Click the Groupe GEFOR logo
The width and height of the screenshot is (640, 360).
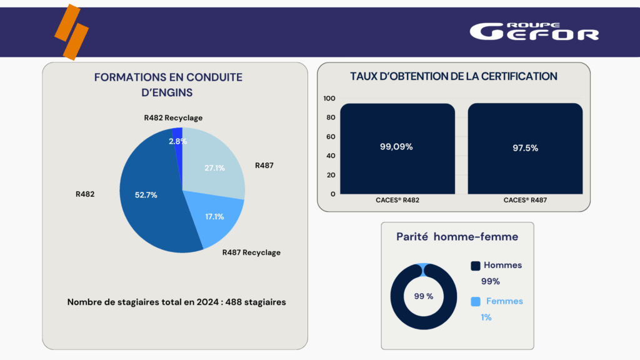pos(534,31)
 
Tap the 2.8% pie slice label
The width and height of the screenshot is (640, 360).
pos(177,141)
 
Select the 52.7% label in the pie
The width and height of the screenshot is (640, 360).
pos(146,195)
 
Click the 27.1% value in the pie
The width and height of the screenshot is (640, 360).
pos(214,167)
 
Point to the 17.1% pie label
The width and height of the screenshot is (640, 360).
pos(214,216)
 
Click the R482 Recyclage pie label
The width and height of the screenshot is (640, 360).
pos(173,117)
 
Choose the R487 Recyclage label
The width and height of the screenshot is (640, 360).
pos(251,252)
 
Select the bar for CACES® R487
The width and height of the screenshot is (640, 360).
pos(525,149)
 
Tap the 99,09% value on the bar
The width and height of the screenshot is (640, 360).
pos(396,147)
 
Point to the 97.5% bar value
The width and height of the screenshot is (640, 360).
pos(525,148)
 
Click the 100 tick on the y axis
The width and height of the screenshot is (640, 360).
pos(329,98)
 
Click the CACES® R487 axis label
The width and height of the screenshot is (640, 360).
pos(525,201)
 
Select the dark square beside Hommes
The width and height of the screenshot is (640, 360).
pos(476,266)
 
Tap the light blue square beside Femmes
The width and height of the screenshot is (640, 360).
pos(476,301)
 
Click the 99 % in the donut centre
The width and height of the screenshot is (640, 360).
pos(423,296)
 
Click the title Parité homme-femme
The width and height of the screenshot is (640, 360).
pos(457,237)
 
